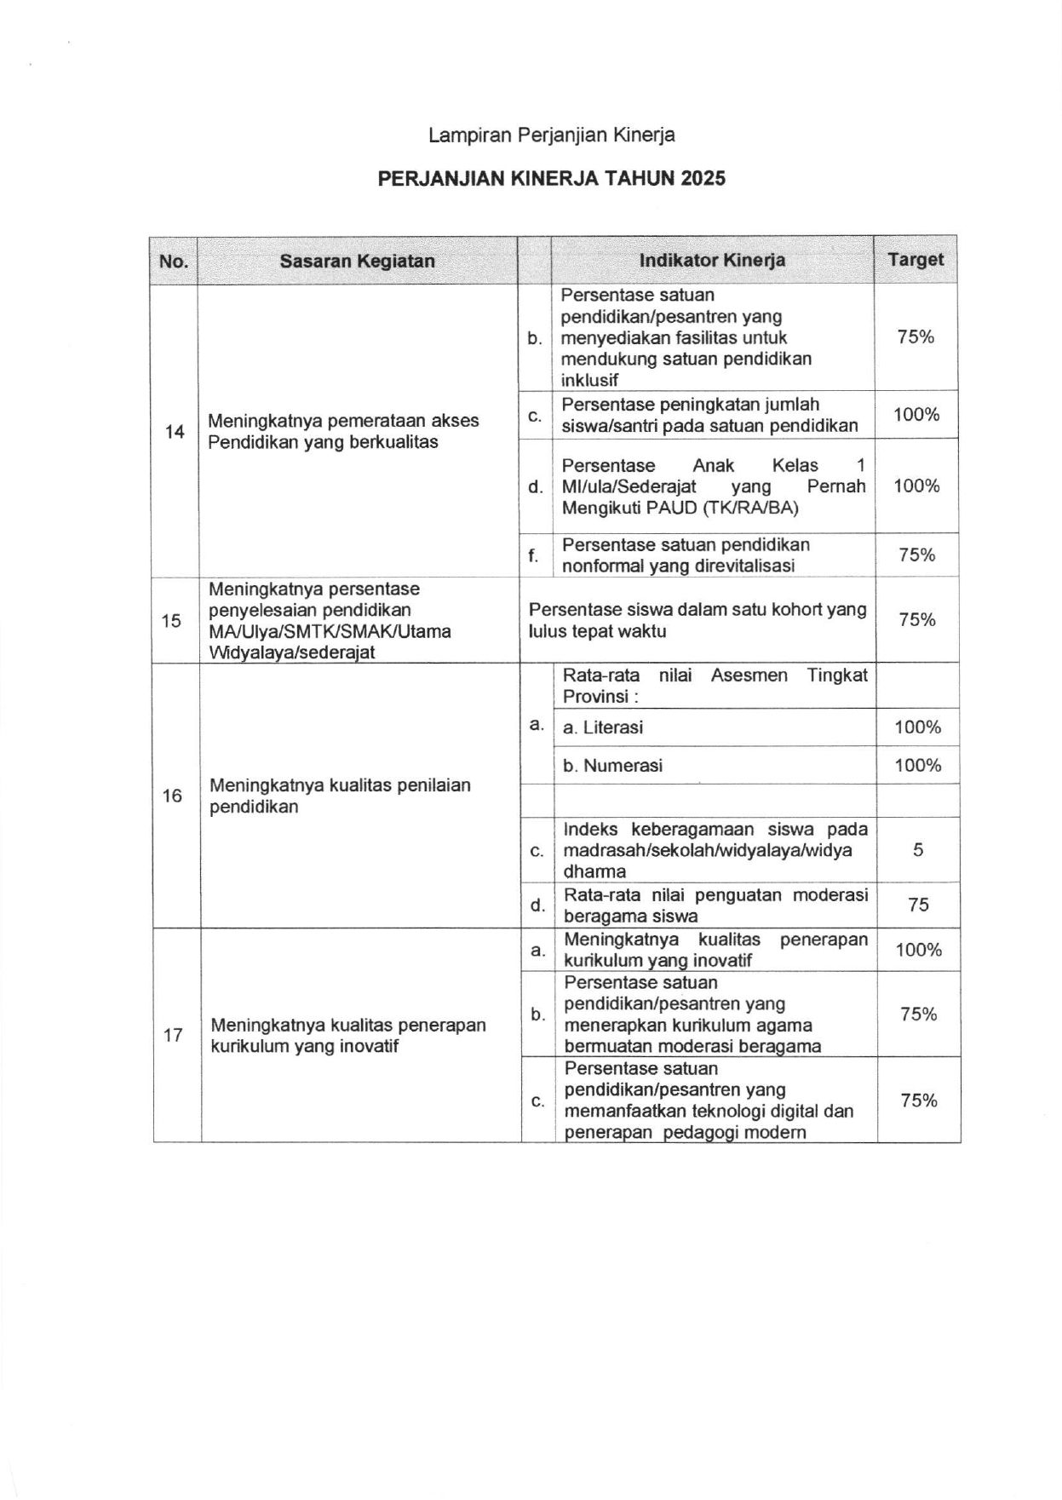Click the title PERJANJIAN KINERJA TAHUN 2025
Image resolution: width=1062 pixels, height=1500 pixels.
click(552, 178)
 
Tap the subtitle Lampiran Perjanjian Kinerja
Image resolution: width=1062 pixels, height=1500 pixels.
click(552, 135)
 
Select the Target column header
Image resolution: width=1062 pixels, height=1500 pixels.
click(916, 260)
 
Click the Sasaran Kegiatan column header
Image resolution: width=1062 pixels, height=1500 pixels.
click(357, 261)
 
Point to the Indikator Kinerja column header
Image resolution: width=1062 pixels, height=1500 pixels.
click(712, 261)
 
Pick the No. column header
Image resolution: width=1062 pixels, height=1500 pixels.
click(174, 261)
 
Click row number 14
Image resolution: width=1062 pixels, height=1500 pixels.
click(175, 432)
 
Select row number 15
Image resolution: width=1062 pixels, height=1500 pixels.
click(171, 620)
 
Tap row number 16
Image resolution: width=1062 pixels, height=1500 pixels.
click(172, 796)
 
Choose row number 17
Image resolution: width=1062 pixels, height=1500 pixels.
click(173, 1036)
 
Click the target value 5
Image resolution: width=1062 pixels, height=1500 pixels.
click(918, 850)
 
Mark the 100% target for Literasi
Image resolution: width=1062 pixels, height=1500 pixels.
click(917, 727)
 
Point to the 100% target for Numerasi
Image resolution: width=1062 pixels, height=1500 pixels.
click(917, 765)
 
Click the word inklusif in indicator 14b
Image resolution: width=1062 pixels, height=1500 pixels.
click(589, 380)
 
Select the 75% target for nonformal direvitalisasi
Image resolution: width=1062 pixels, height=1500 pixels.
click(916, 555)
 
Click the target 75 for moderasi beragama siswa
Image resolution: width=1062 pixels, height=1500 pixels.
click(918, 905)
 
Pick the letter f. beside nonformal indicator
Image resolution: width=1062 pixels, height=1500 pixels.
click(533, 556)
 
